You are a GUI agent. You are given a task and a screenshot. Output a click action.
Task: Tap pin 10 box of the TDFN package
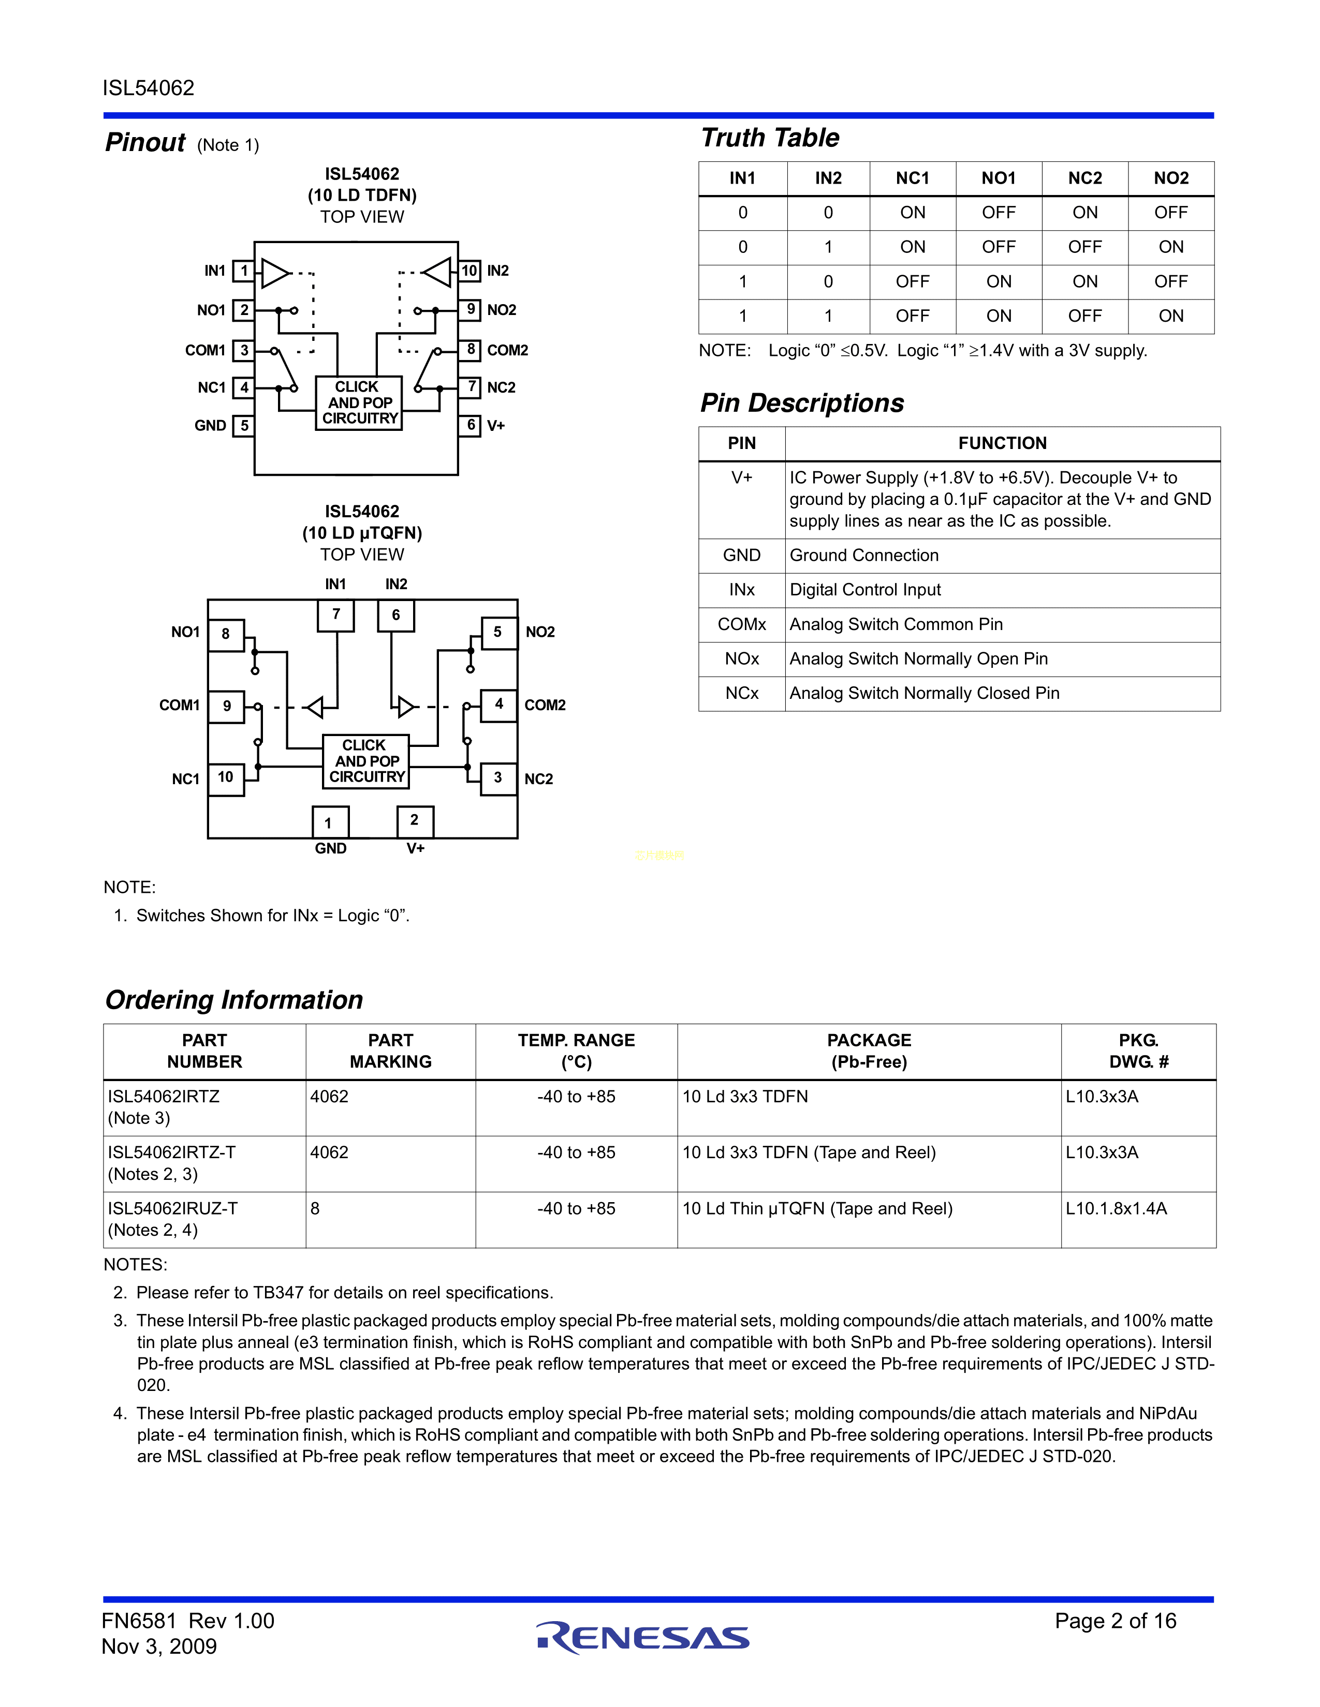point(469,271)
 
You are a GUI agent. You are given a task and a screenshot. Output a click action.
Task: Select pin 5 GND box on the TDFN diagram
point(244,425)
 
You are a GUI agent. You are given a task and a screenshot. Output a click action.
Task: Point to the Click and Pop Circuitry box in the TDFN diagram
point(359,402)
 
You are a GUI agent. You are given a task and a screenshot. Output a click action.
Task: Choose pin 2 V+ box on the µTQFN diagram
point(415,821)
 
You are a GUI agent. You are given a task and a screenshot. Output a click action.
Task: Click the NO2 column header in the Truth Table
point(1170,178)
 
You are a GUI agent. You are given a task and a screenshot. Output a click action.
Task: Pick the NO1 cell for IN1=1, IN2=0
point(999,281)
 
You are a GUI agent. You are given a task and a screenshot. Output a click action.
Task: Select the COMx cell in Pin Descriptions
point(741,624)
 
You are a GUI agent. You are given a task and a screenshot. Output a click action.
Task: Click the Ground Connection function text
point(863,556)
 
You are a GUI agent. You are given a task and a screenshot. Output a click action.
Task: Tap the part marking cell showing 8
point(315,1209)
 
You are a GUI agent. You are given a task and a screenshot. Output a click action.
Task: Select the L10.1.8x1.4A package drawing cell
point(1116,1209)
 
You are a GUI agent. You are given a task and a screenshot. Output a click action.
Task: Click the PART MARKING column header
point(390,1051)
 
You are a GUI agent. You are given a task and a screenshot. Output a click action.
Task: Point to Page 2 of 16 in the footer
point(1115,1621)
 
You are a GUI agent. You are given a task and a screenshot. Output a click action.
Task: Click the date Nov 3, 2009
point(159,1647)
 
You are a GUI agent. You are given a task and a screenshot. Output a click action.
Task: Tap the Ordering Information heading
point(234,1000)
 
